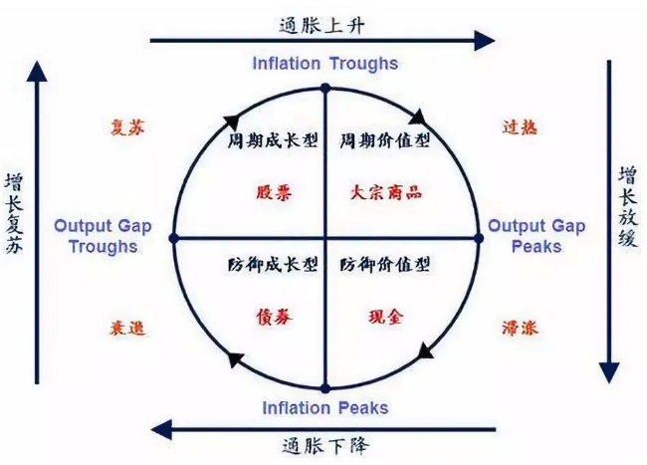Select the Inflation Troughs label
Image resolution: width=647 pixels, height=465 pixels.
(324, 64)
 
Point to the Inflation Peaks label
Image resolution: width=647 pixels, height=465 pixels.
(324, 408)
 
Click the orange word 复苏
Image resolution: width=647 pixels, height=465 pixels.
(131, 127)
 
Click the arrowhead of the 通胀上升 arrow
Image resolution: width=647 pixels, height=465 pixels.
(485, 40)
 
